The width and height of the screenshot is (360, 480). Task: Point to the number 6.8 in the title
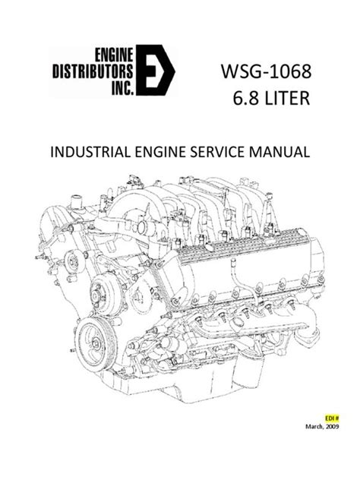click(x=238, y=99)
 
